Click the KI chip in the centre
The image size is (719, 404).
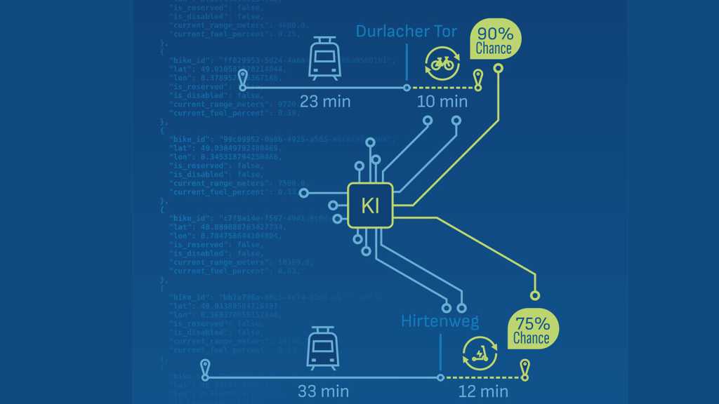(371, 206)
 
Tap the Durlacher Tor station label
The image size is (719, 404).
(406, 32)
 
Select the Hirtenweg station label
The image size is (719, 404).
(440, 321)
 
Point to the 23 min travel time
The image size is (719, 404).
(326, 102)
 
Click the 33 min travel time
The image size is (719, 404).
(323, 391)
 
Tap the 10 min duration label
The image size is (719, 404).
(442, 102)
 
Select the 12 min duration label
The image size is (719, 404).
(483, 391)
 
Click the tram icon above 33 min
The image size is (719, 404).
(322, 348)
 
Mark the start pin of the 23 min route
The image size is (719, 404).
(243, 79)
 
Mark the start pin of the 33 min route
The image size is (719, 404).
(205, 368)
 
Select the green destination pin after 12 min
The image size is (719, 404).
(524, 368)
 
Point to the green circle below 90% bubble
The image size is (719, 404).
(498, 69)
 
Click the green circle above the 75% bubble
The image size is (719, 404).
(535, 295)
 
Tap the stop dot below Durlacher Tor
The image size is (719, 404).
(407, 88)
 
